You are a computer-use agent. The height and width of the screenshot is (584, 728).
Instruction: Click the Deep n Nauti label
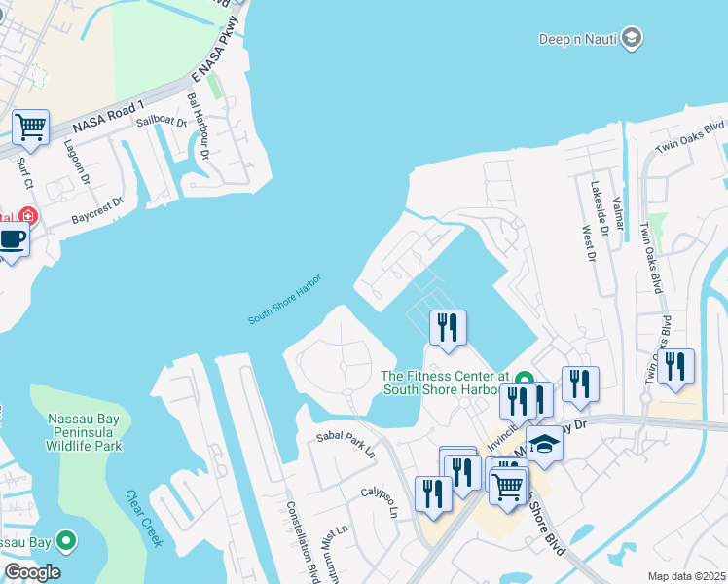pos(578,38)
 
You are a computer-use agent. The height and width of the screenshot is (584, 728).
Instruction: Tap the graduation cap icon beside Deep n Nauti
pos(632,37)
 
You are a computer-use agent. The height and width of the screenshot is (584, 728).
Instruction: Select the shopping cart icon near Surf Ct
pos(30,127)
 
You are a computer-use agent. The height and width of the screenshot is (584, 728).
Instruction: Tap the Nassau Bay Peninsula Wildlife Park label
pos(85,432)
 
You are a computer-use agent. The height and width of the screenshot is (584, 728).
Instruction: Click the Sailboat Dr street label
pos(161,122)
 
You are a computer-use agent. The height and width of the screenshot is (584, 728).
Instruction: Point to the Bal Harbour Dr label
pos(199,126)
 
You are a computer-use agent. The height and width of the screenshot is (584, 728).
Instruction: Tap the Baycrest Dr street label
pos(97,211)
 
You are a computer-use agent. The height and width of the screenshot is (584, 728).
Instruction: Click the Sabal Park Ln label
pos(346,443)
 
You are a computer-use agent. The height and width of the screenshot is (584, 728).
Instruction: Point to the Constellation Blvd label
pos(301,541)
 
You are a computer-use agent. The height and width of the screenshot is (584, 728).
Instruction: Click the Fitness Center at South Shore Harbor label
pos(445,383)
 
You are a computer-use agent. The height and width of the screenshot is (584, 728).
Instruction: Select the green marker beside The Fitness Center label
pos(524,380)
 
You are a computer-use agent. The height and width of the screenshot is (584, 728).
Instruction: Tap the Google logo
pos(31,572)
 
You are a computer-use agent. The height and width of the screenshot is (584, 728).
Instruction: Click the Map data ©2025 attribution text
pos(686,576)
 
